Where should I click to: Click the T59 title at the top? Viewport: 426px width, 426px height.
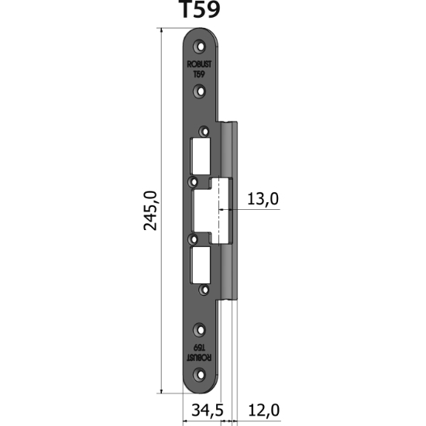point(199,11)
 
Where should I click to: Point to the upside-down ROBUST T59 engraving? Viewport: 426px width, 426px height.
point(198,353)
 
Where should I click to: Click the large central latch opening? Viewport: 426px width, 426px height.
point(213,209)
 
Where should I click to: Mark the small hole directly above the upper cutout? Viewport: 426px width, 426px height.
point(204,131)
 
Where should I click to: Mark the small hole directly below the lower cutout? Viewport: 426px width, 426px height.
point(204,290)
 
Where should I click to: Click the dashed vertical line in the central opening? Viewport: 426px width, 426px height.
point(220,209)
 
